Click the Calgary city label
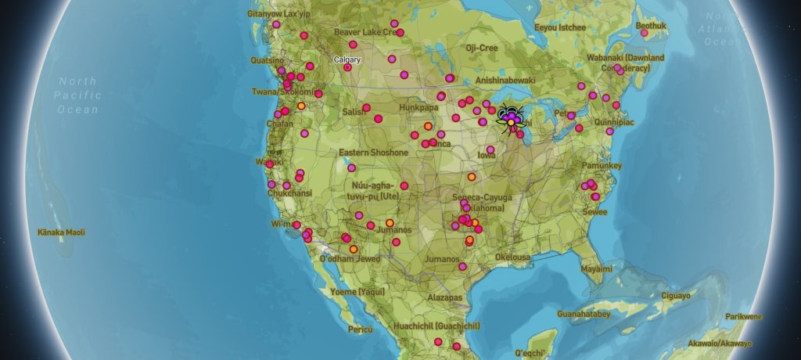tap(347, 59)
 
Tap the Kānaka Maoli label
tap(61, 232)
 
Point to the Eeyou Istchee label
tap(559, 27)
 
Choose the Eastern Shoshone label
tap(373, 153)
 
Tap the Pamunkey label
tap(602, 166)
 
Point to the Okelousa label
tap(512, 257)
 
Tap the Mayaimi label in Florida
tap(596, 268)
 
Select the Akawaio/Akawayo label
tap(720, 344)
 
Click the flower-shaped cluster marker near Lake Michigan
tap(510, 117)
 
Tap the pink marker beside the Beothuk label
tap(644, 33)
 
